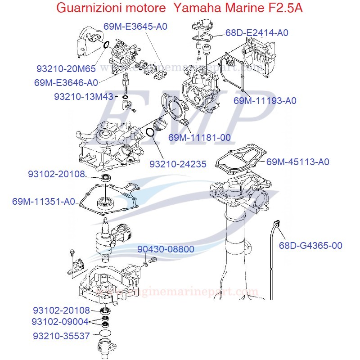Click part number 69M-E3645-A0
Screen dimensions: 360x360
coord(135,27)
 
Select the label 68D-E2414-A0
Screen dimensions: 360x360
coord(256,33)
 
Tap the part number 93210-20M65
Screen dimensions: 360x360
coord(66,69)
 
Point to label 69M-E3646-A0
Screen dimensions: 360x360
coord(66,83)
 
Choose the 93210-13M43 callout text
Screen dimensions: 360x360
coord(84,97)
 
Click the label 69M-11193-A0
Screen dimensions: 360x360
coord(265,101)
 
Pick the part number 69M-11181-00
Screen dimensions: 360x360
coord(199,137)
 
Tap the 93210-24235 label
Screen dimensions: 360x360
coord(178,164)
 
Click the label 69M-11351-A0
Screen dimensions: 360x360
coord(44,202)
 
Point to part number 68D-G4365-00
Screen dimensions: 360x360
coord(310,245)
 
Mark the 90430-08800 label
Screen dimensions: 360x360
coord(166,249)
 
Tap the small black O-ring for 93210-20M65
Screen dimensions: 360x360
coord(106,45)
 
